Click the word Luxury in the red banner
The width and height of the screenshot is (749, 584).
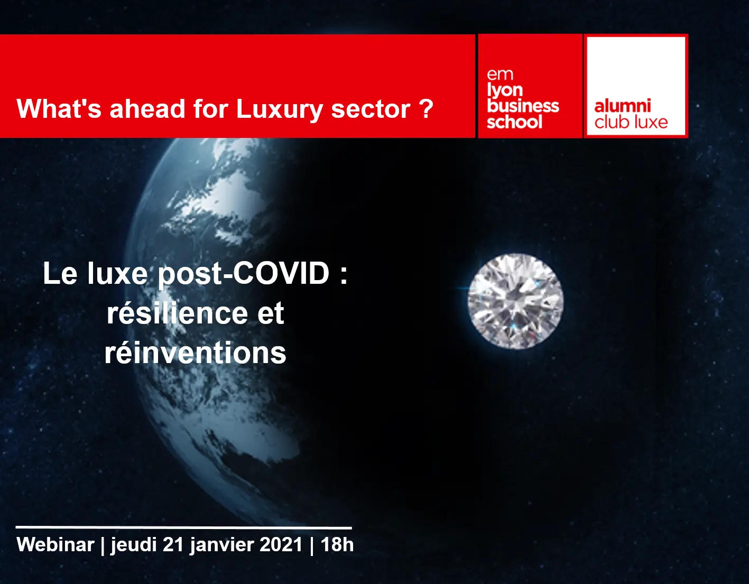tap(279, 110)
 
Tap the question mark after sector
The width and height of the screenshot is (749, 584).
tap(427, 108)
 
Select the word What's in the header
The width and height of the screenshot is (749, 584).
tap(59, 108)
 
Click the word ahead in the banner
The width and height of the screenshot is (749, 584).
tap(147, 108)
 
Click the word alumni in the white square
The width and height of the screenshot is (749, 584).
tap(623, 106)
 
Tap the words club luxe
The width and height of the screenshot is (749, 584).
tap(631, 122)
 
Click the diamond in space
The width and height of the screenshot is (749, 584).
tap(515, 301)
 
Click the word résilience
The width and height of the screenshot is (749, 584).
tap(177, 313)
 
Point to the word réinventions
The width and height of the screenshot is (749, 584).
tap(195, 353)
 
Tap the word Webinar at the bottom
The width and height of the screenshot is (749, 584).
tap(55, 545)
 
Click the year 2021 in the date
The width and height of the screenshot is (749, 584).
tap(281, 545)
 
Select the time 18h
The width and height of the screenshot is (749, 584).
tap(337, 545)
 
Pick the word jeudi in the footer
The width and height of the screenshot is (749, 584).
tap(134, 546)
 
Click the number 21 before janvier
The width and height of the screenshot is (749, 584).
tap(173, 545)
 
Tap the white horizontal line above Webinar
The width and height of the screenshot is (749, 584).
tap(184, 527)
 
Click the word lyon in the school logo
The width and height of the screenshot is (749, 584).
tap(505, 90)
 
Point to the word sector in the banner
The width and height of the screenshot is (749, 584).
tap(371, 109)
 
